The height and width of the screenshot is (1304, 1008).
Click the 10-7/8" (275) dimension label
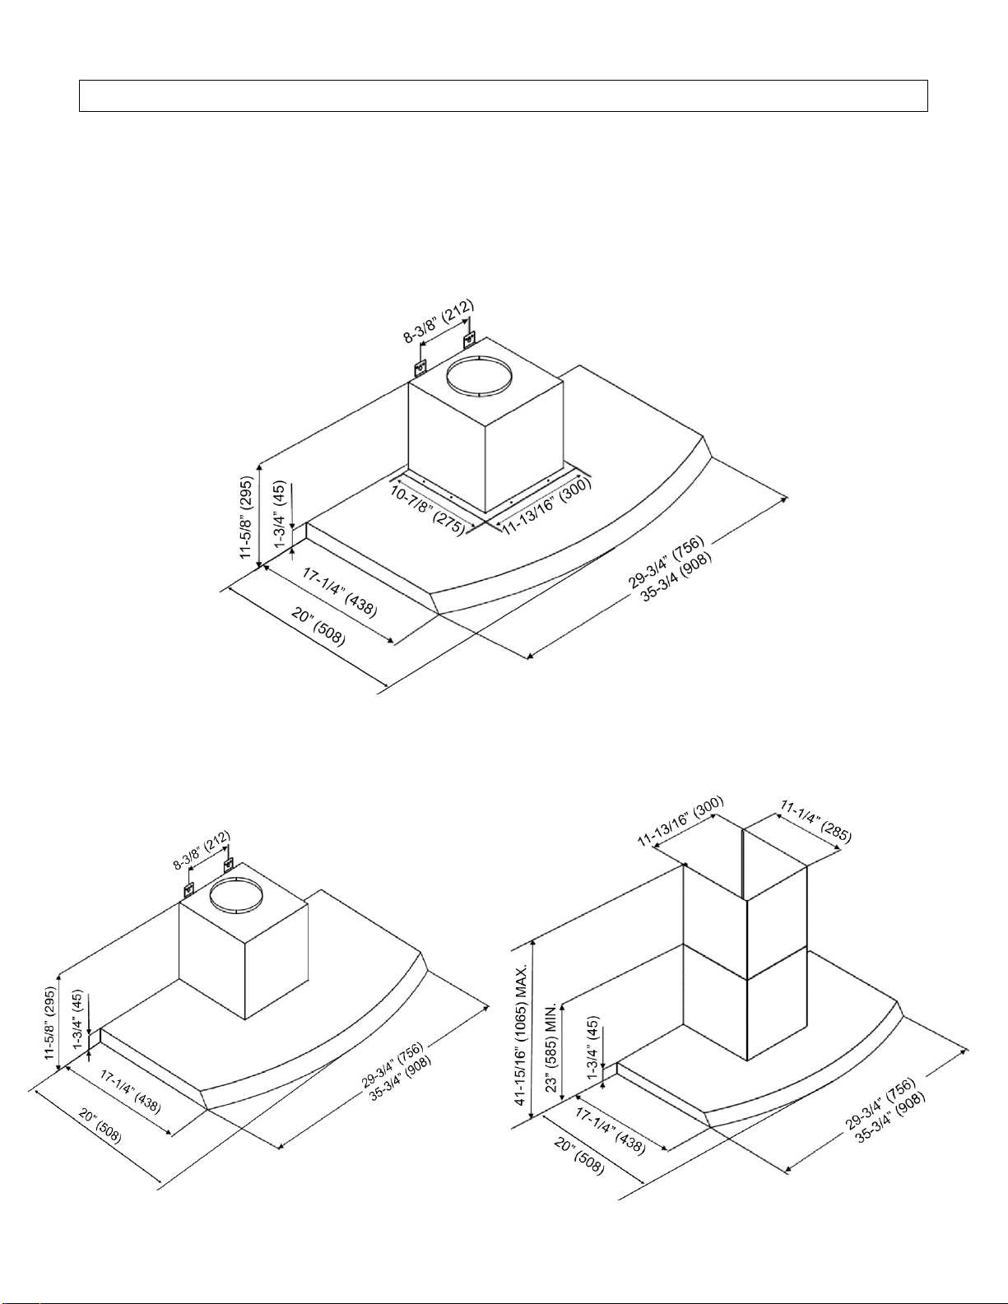tap(427, 511)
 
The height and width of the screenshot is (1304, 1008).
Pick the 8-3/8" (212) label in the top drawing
tap(439, 321)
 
